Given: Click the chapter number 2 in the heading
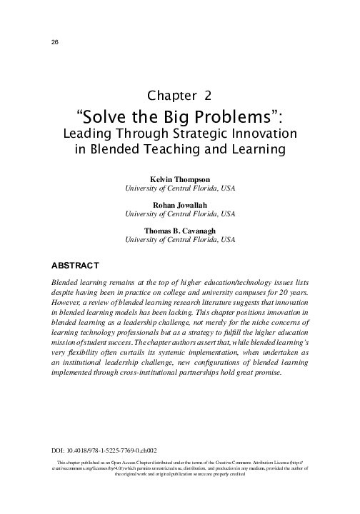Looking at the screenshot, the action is pos(207,96).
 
